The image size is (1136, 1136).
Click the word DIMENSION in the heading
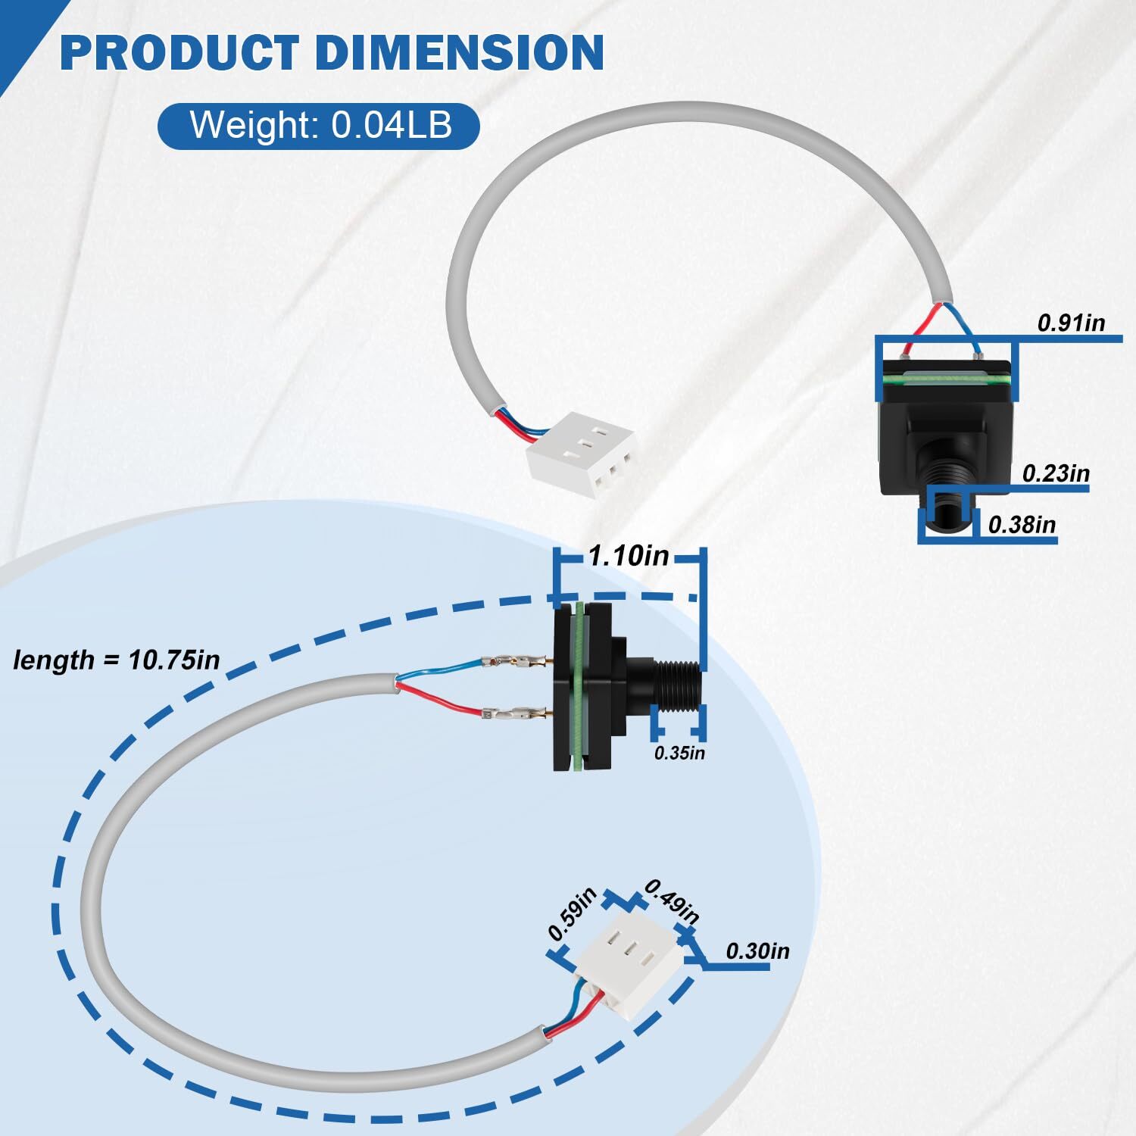459,52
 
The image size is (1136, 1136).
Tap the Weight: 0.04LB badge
319,125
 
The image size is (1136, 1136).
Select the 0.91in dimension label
1070,323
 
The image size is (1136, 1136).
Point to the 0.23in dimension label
1055,474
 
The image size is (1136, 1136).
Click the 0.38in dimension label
1022,524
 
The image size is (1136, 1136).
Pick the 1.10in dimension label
629,557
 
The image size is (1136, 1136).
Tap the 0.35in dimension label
679,753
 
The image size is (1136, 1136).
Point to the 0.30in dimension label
757,951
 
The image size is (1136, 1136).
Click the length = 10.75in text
117,660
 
